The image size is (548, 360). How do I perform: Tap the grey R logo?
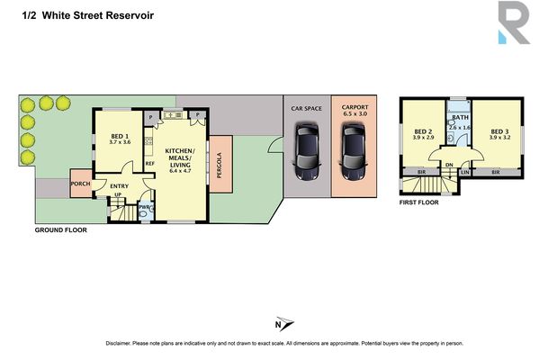(514, 22)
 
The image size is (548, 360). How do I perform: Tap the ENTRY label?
(121, 186)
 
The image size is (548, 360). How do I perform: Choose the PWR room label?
(144, 209)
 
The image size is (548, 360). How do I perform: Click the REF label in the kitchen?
(150, 163)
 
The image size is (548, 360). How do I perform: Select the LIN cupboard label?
(465, 171)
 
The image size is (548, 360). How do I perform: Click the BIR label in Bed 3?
(496, 171)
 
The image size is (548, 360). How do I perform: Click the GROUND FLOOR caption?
(61, 230)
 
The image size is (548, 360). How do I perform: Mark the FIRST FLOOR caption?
(422, 202)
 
